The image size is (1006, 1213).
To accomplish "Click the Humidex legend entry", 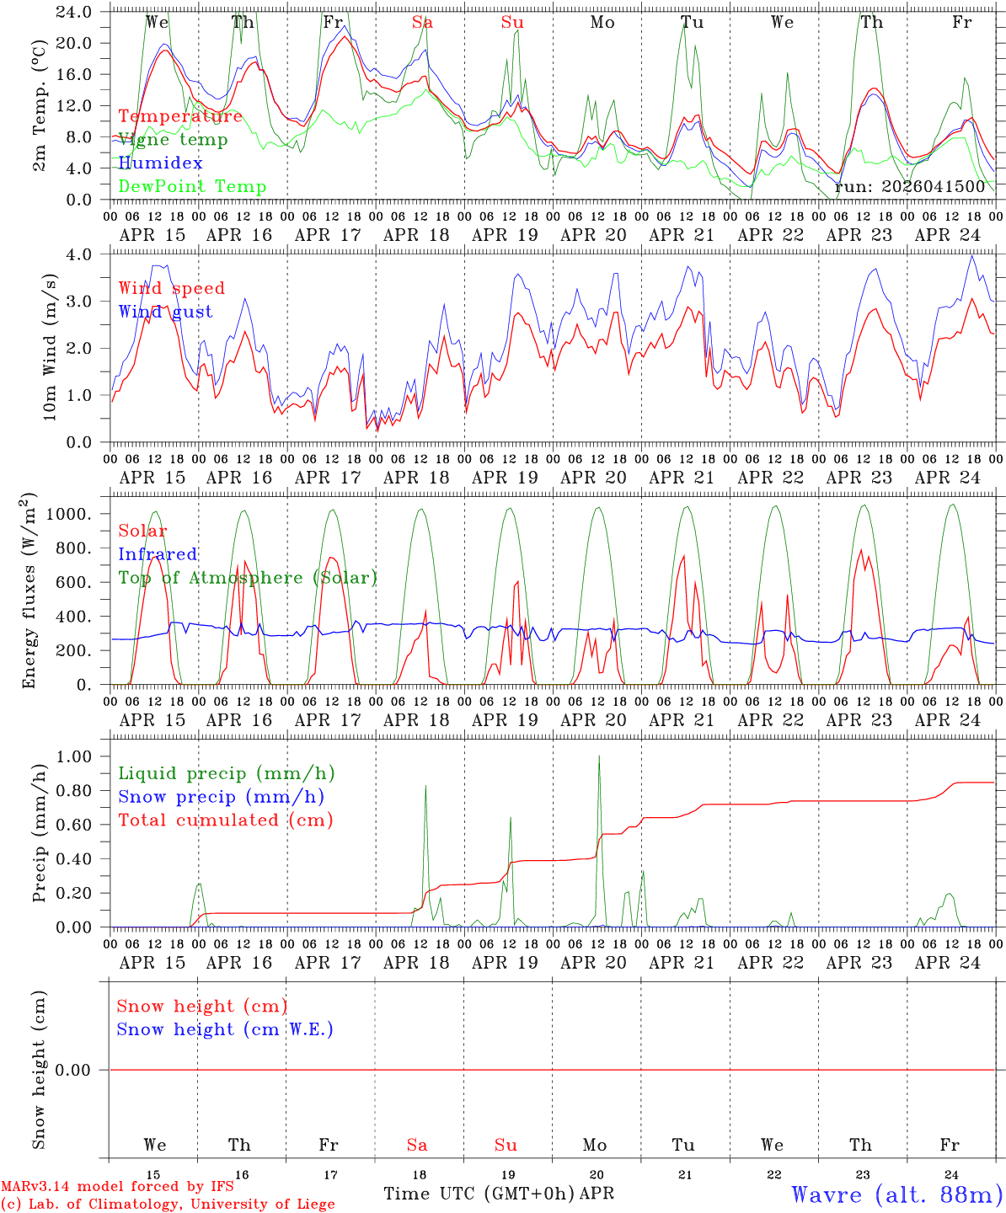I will coord(160,163).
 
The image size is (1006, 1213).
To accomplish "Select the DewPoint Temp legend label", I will coord(192,186).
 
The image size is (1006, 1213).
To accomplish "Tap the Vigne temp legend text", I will coord(173,140).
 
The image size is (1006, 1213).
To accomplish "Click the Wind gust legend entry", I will coord(165,312).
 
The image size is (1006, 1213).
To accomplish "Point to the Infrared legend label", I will coord(158,554).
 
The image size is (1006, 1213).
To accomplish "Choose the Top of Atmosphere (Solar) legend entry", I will coord(247,578).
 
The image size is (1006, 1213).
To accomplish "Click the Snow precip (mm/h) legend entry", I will coord(221,797).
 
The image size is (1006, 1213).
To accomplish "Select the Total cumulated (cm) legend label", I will coord(225,820).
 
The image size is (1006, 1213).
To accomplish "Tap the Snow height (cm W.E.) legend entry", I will coord(224,1029).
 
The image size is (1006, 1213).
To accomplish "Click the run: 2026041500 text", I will coord(909,186).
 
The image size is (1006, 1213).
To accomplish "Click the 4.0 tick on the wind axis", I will coord(88,254).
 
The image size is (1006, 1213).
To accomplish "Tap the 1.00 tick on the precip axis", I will coord(80,756).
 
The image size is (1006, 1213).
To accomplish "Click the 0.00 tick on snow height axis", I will coord(80,1070).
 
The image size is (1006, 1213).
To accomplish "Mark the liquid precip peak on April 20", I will coord(599,756).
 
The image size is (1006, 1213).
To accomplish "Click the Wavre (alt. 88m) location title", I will coord(896,1194).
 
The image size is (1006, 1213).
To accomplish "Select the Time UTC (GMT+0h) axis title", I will coord(479,1194).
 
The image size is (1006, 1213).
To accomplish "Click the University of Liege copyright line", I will coord(168,1205).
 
